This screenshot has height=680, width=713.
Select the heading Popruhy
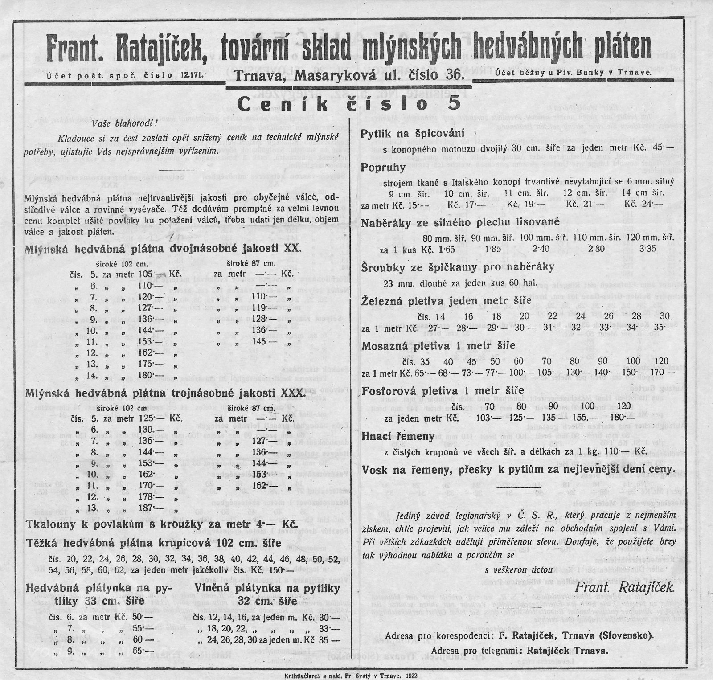pyautogui.click(x=383, y=168)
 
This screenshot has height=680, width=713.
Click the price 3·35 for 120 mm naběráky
pyautogui.click(x=647, y=249)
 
